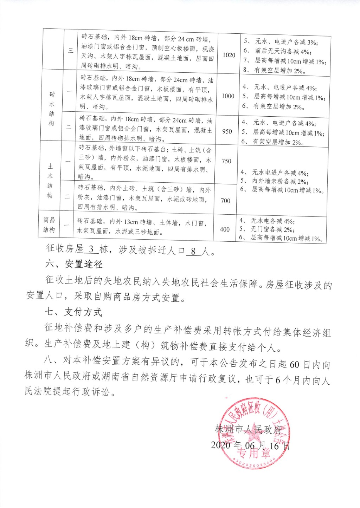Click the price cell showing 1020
click(229, 55)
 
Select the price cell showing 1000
click(228, 96)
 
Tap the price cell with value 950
click(227, 131)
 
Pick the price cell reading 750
click(226, 161)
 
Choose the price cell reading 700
click(225, 201)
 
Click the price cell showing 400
click(225, 229)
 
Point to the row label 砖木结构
click(52, 109)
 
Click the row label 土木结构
click(50, 181)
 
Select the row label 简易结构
click(49, 225)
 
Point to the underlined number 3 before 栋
click(91, 249)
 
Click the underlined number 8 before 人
click(193, 251)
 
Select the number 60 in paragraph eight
click(294, 364)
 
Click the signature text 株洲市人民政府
click(249, 429)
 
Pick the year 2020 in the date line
click(220, 445)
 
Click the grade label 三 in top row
click(71, 50)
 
